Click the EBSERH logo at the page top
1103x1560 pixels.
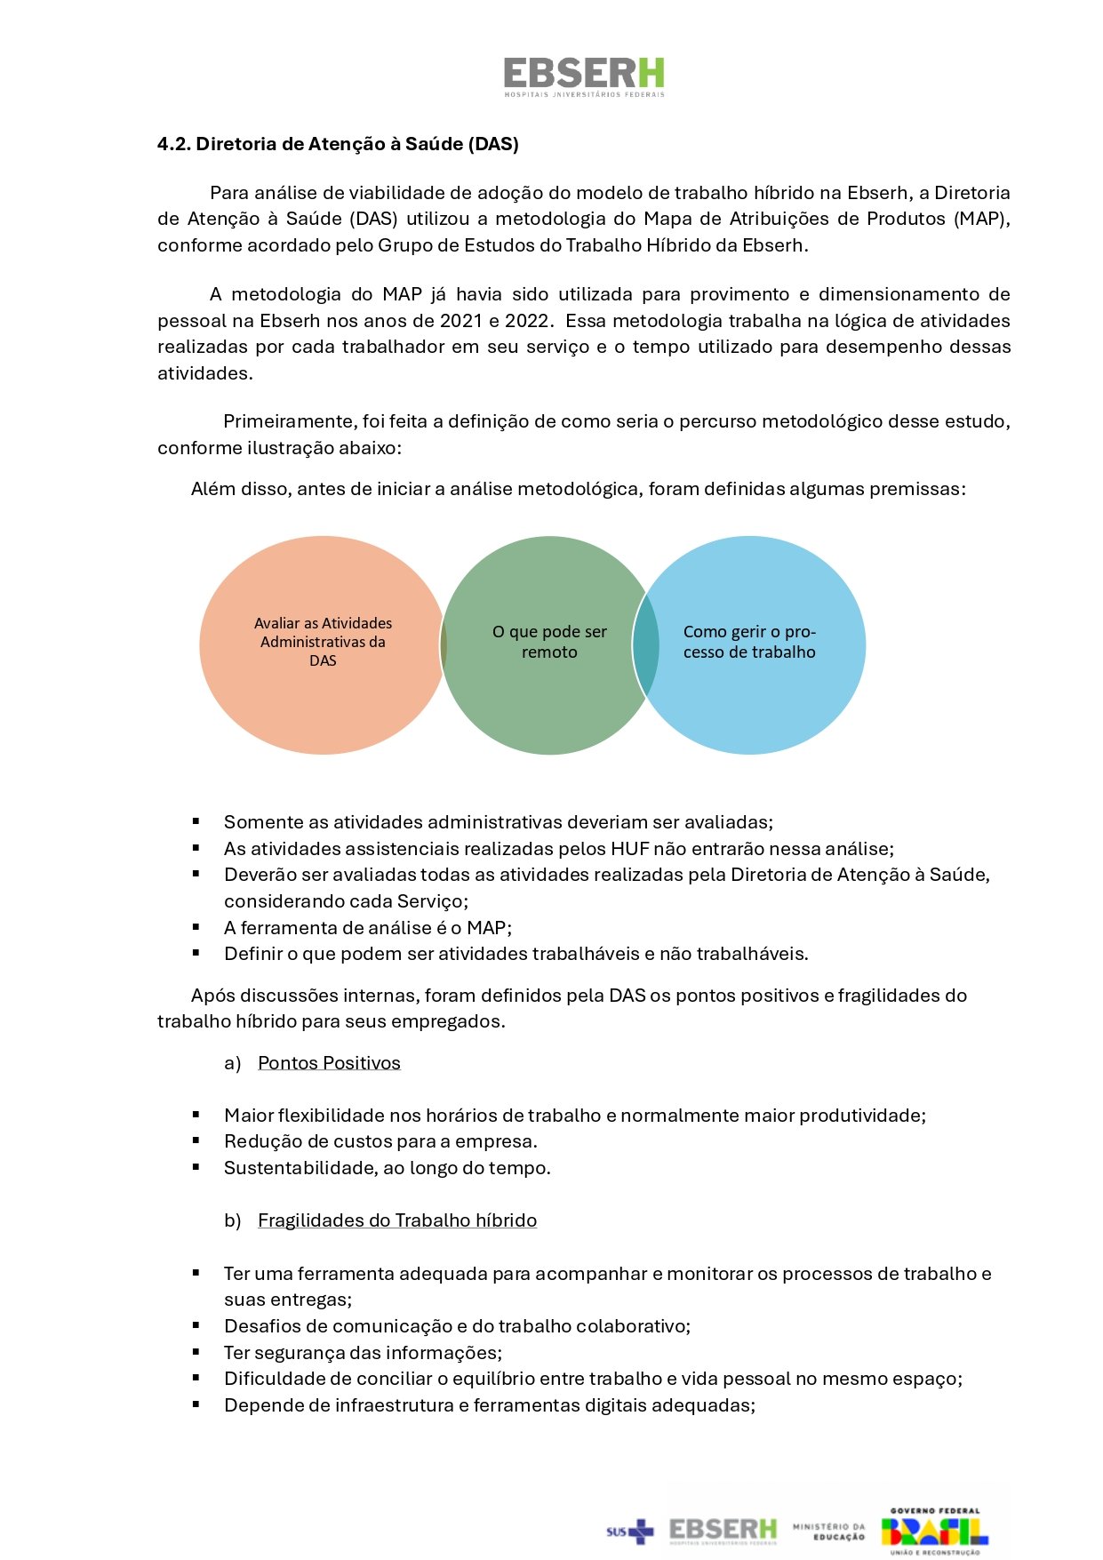pos(584,76)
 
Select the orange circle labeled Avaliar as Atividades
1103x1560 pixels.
pos(322,643)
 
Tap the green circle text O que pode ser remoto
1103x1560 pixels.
pos(549,642)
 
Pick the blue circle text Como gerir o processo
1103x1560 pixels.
pos(749,642)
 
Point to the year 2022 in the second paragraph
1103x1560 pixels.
pos(526,321)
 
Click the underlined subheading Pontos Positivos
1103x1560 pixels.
pos(329,1063)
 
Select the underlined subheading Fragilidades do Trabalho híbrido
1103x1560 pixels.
pos(396,1220)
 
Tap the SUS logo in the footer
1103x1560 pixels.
pos(629,1531)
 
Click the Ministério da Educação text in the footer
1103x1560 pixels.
pos(828,1531)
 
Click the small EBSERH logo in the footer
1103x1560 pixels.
pos(723,1530)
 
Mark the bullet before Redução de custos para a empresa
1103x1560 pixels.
pos(196,1140)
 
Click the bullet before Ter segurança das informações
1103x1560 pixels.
pos(196,1351)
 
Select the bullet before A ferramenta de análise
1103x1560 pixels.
pos(196,927)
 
